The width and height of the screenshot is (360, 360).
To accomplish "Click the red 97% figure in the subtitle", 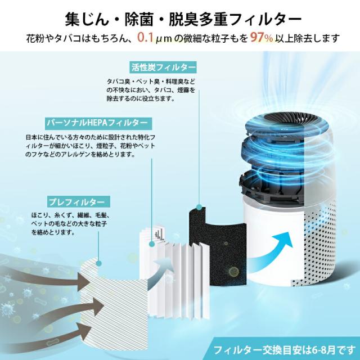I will (x=260, y=39).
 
